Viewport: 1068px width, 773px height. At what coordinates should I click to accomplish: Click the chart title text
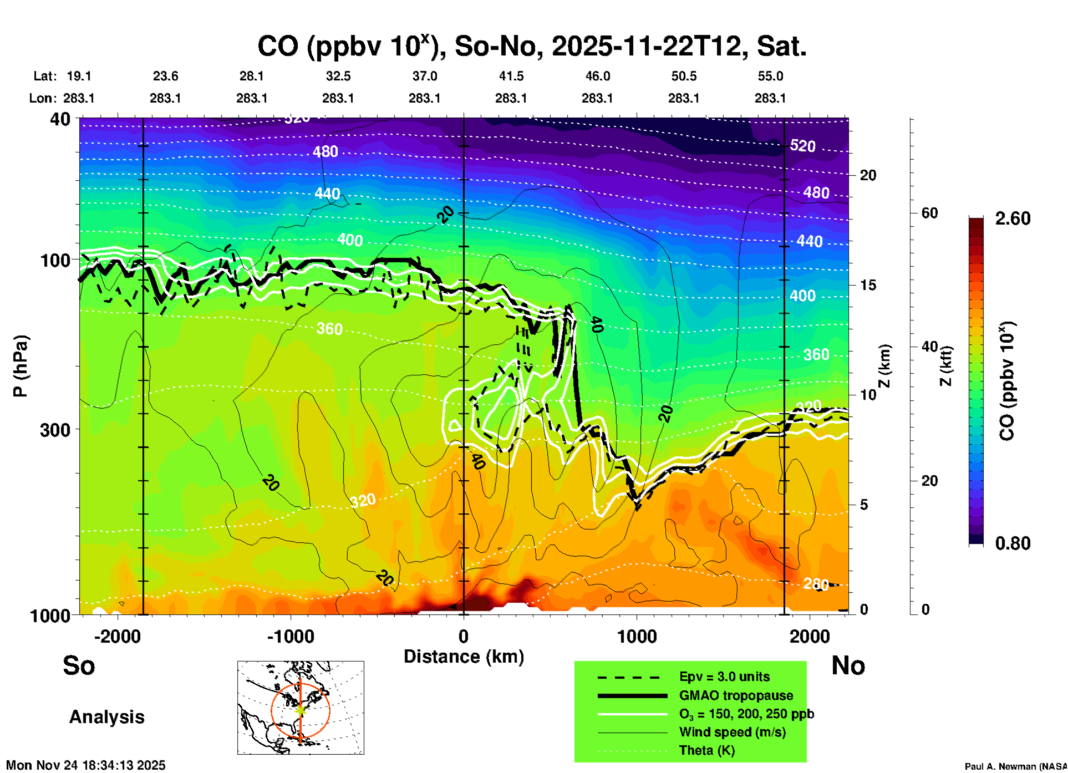[x=531, y=47]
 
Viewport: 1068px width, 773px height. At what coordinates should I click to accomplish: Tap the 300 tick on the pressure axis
[x=55, y=429]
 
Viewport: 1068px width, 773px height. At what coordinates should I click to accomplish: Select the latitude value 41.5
[x=511, y=76]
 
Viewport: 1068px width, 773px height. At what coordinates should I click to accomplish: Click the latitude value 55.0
[x=770, y=76]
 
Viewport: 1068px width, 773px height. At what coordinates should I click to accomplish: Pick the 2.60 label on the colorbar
[x=1013, y=218]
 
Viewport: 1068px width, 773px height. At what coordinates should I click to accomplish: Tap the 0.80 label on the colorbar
[x=1013, y=543]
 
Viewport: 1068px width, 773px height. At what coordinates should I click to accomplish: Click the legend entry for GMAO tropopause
[x=736, y=695]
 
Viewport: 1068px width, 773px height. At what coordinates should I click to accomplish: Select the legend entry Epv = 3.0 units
[x=724, y=677]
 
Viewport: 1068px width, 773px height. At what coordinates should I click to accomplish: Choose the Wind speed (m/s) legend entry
[x=732, y=732]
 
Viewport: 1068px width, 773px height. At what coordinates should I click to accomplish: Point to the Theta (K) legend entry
[x=706, y=750]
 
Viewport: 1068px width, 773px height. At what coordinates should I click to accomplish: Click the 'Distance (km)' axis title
[x=464, y=657]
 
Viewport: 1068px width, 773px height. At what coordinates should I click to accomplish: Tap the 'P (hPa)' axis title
[x=21, y=366]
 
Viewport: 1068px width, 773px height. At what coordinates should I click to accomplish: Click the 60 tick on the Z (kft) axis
[x=929, y=213]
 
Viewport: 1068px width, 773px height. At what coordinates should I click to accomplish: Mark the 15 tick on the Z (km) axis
[x=868, y=285]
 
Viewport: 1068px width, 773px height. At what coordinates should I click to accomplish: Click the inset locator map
[x=301, y=707]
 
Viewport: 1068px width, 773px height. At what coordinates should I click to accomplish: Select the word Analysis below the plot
[x=106, y=716]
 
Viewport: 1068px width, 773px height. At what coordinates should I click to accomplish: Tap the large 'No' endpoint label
[x=848, y=665]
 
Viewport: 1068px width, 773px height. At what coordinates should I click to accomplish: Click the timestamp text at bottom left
[x=86, y=765]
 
